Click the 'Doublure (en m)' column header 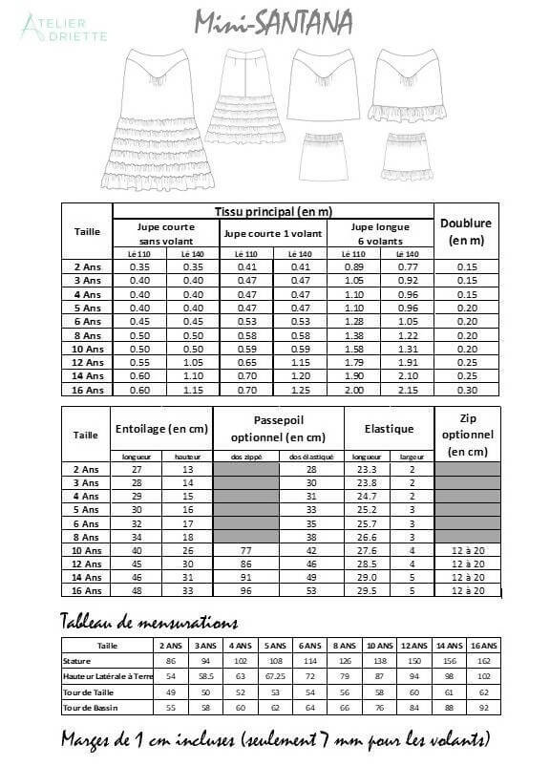(x=466, y=231)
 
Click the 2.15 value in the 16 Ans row (x=406, y=391)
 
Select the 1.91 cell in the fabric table (x=406, y=363)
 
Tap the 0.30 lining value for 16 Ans (x=466, y=391)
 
